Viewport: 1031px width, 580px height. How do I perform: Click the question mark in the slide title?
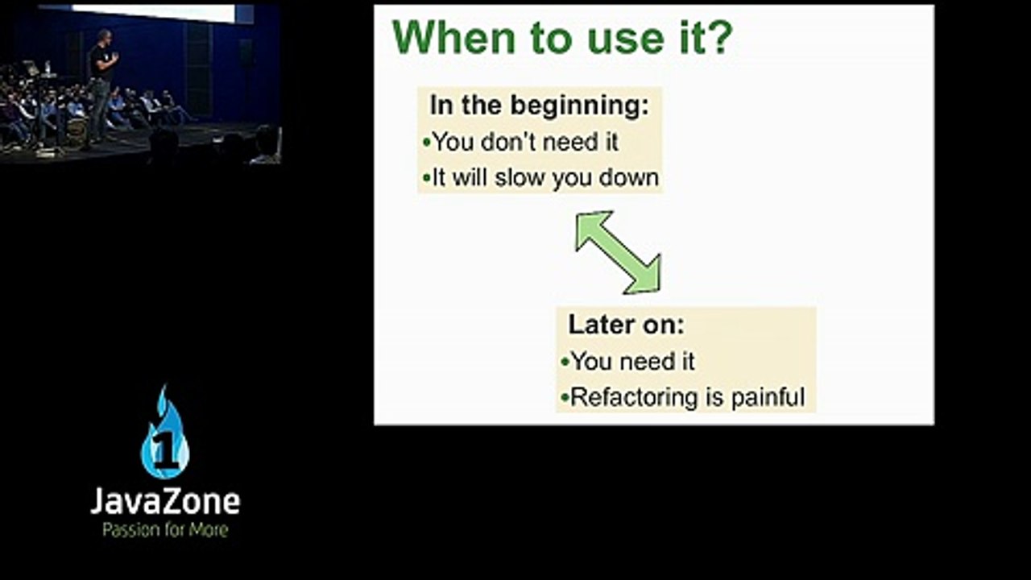(719, 37)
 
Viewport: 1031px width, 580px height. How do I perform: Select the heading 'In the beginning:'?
(540, 106)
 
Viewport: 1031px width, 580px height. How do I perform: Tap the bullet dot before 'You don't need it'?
(426, 143)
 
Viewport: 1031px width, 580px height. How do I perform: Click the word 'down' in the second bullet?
(629, 178)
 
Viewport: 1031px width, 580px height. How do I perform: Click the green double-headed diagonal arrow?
(619, 252)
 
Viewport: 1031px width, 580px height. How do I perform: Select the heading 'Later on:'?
(627, 325)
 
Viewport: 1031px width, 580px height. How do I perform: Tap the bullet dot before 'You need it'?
(565, 362)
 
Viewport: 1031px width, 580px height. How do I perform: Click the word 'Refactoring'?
(634, 397)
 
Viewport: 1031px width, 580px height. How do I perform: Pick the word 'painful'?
(768, 397)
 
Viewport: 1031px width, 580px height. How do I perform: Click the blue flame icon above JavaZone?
(165, 432)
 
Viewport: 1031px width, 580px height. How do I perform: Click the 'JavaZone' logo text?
(165, 501)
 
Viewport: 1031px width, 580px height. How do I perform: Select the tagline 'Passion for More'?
(165, 530)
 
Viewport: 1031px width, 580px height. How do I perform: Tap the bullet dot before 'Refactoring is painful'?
(565, 398)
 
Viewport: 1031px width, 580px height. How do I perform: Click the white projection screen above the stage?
(154, 13)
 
